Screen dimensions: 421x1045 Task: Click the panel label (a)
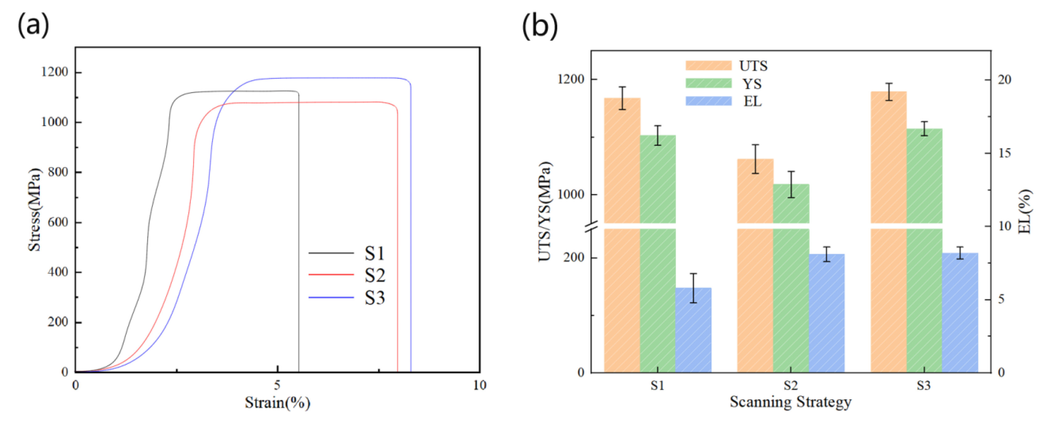[33, 25]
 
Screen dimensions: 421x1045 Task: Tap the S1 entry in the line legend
[374, 254]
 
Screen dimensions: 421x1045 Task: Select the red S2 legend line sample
[331, 275]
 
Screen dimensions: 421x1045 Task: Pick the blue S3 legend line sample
[331, 298]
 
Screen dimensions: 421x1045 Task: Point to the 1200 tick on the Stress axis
[54, 72]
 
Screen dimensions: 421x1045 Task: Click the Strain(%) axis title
[278, 403]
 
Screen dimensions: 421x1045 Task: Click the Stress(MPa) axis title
[35, 209]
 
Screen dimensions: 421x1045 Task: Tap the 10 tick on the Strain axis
[479, 385]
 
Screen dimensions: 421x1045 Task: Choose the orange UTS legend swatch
[708, 66]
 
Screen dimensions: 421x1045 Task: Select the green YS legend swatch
[708, 83]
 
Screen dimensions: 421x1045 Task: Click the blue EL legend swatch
[708, 101]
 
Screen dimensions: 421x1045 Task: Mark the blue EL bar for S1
[693, 330]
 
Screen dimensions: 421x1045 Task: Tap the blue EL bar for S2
[827, 313]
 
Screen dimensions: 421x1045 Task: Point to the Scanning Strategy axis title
[790, 402]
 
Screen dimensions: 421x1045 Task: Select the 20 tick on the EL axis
[1004, 79]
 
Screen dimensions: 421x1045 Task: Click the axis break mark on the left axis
[591, 226]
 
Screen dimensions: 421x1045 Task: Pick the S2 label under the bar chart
[790, 385]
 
